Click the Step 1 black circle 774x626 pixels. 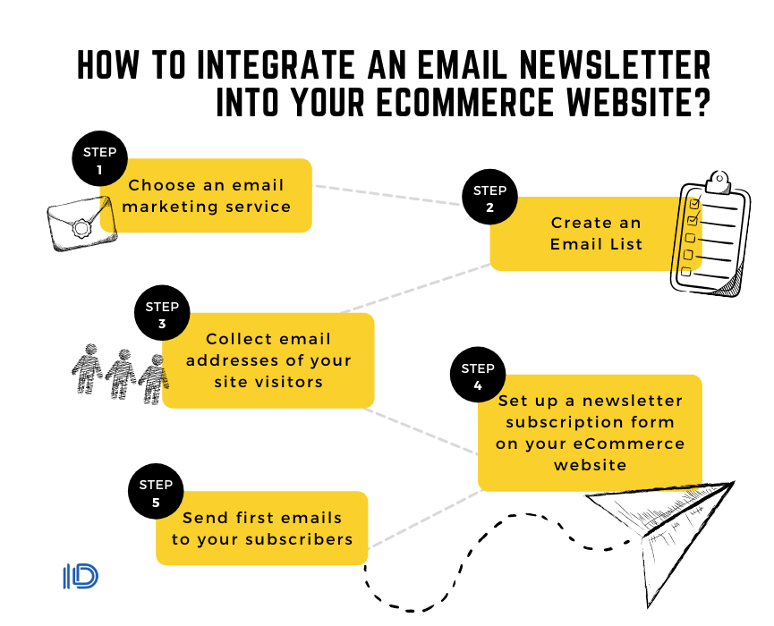point(99,158)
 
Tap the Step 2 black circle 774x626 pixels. point(489,197)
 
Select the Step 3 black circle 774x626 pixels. point(162,313)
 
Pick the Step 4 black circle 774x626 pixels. point(478,375)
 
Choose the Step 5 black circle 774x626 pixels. point(156,491)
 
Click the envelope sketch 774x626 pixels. point(81,224)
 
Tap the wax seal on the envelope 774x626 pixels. point(81,229)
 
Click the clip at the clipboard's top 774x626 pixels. point(719,182)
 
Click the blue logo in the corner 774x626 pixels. point(81,577)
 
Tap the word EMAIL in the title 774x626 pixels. point(463,64)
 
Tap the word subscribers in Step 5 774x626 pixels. point(299,539)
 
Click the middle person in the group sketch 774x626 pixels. point(120,374)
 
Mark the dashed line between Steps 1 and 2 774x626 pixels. point(388,195)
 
